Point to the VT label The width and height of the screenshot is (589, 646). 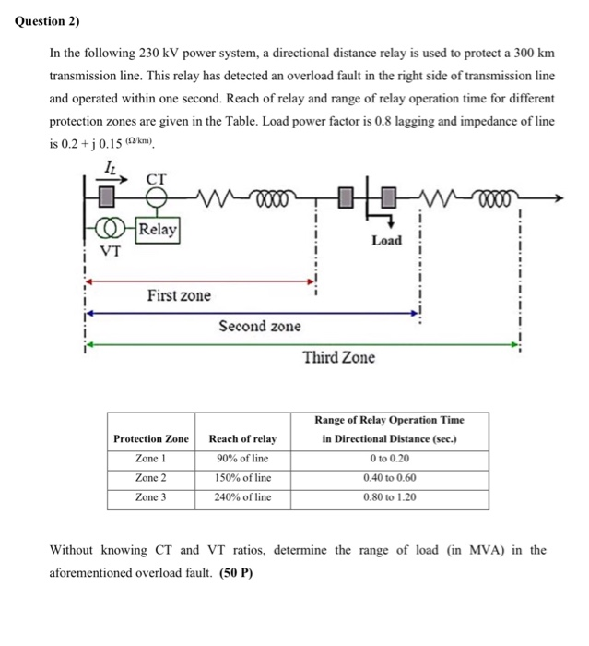pyautogui.click(x=111, y=250)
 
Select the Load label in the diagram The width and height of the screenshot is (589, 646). pyautogui.click(x=386, y=240)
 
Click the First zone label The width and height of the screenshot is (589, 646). pyautogui.click(x=179, y=295)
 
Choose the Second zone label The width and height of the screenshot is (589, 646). pyautogui.click(x=259, y=326)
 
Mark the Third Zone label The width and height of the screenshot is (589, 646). pyautogui.click(x=339, y=357)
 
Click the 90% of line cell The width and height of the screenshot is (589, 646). pyautogui.click(x=242, y=459)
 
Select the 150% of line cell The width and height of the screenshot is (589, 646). pyautogui.click(x=242, y=478)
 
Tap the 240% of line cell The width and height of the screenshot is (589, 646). pyautogui.click(x=242, y=497)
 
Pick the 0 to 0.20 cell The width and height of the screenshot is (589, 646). pyautogui.click(x=389, y=459)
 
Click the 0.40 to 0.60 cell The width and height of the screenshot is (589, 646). pyautogui.click(x=389, y=478)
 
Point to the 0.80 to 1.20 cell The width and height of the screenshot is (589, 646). pyautogui.click(x=389, y=497)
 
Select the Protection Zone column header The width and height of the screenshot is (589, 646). pyautogui.click(x=151, y=438)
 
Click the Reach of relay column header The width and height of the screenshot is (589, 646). pyautogui.click(x=242, y=438)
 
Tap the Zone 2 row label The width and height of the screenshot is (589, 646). pyautogui.click(x=151, y=478)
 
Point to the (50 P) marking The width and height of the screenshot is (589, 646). pyautogui.click(x=235, y=572)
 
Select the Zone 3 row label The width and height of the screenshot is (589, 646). pyautogui.click(x=151, y=497)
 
